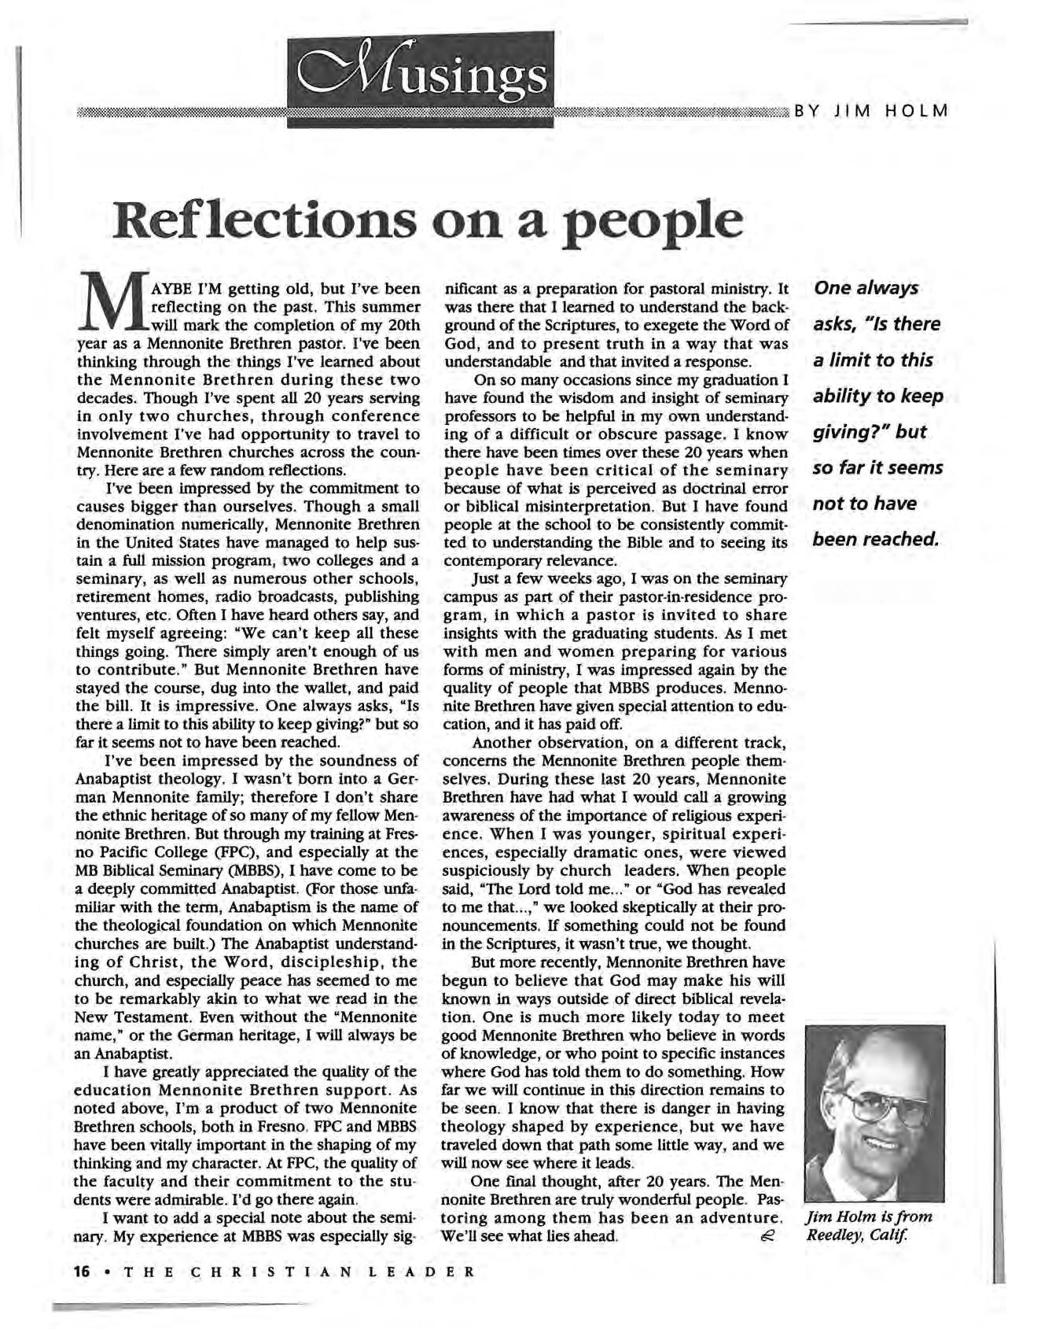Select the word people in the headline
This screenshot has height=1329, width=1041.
[654, 225]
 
